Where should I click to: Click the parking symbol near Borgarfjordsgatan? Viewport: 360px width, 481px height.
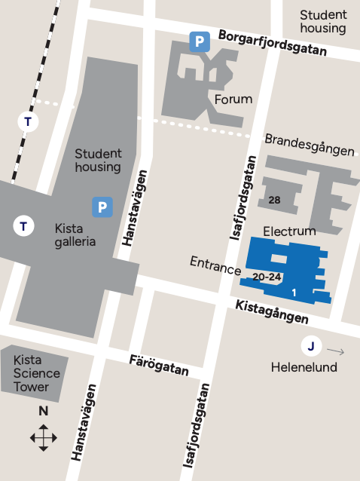pyautogui.click(x=199, y=41)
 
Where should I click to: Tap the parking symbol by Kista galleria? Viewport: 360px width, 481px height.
pyautogui.click(x=102, y=207)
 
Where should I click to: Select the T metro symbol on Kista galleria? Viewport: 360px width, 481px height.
pyautogui.click(x=24, y=225)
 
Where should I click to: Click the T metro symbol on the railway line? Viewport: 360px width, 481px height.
pyautogui.click(x=29, y=121)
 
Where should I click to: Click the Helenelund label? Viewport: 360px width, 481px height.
pyautogui.click(x=304, y=367)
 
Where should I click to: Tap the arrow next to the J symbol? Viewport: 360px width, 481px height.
pyautogui.click(x=336, y=351)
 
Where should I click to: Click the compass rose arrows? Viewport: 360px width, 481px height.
pyautogui.click(x=44, y=437)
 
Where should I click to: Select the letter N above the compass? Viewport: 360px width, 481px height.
pyautogui.click(x=44, y=411)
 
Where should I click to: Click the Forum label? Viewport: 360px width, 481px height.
pyautogui.click(x=233, y=100)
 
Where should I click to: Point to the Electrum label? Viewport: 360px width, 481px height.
pyautogui.click(x=289, y=230)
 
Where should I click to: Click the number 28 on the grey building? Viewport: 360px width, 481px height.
pyautogui.click(x=274, y=200)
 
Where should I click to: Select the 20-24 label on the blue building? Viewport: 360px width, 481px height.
pyautogui.click(x=267, y=277)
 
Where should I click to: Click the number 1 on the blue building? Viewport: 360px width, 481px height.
pyautogui.click(x=294, y=292)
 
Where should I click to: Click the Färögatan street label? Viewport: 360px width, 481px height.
pyautogui.click(x=158, y=363)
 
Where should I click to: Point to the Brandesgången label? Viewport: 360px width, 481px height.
pyautogui.click(x=309, y=145)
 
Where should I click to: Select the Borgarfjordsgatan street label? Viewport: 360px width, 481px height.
pyautogui.click(x=273, y=43)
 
